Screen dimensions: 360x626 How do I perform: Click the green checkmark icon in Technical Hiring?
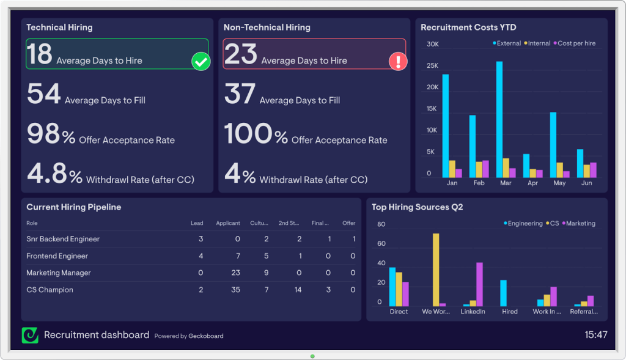coord(201,61)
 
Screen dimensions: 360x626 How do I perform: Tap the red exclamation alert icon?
coord(398,61)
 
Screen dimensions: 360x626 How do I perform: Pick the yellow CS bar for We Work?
coord(435,270)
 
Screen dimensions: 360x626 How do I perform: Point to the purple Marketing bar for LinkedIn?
coord(479,284)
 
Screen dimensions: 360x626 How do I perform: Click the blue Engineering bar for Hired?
coord(503,293)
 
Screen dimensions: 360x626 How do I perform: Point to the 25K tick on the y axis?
coord(432,66)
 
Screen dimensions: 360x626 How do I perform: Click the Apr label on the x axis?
coord(532,183)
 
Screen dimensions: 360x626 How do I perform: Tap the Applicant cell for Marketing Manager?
coord(235,273)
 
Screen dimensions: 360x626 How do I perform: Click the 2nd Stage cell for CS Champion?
coord(298,290)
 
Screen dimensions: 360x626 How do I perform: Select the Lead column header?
coord(197,223)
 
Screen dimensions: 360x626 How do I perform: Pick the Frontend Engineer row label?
coord(57,256)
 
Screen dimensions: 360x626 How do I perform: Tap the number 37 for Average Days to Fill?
coord(240,94)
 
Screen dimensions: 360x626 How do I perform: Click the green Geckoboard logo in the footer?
coord(30,335)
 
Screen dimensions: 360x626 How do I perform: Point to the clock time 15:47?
coord(595,335)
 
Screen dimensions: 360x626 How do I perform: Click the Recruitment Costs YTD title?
coord(468,28)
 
